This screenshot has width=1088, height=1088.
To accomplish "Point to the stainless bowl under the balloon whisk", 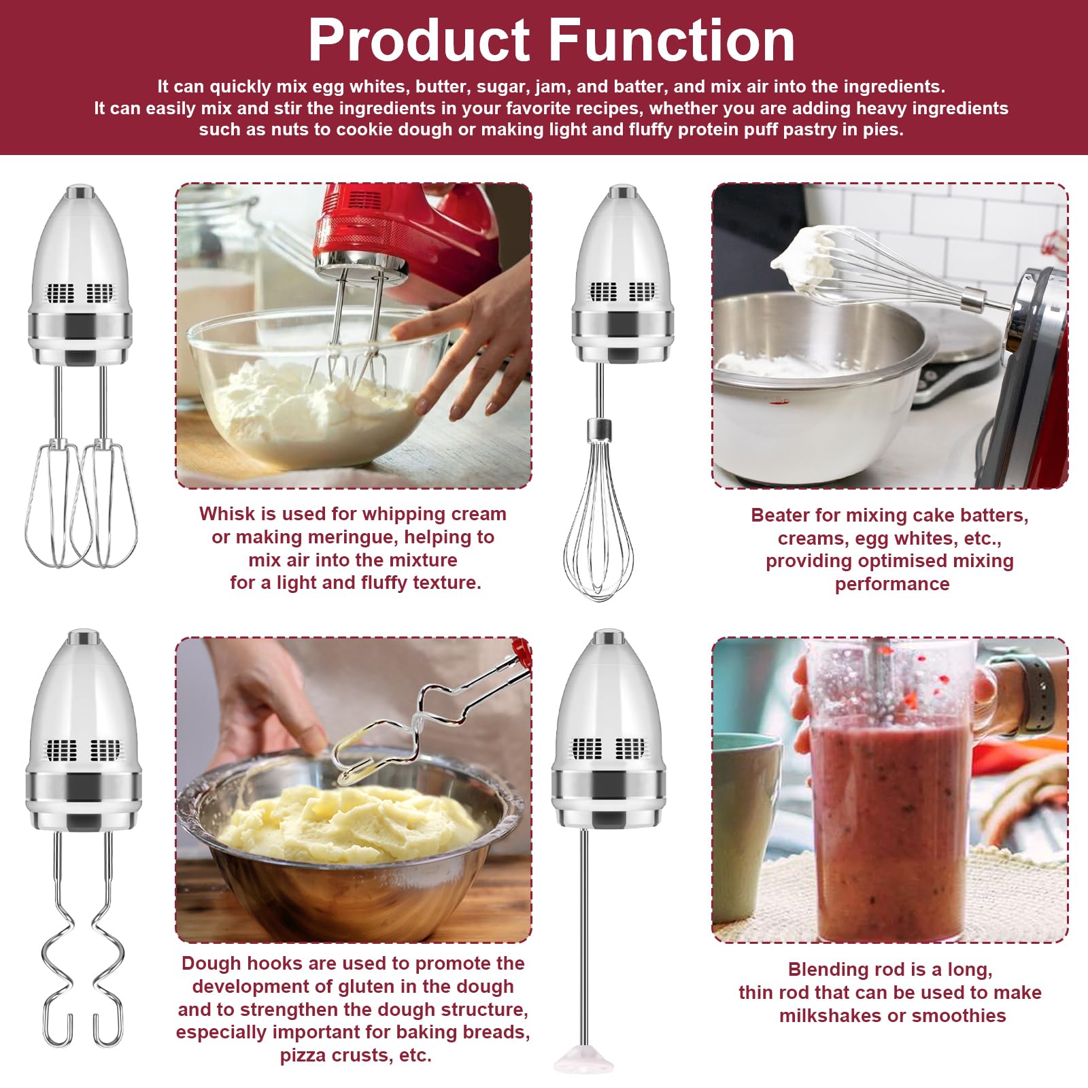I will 816,381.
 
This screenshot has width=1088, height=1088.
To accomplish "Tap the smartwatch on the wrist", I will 1037,694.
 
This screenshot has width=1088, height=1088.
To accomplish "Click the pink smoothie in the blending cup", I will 891,816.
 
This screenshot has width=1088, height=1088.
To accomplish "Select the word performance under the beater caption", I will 892,584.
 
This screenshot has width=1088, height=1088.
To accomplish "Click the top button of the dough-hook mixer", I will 83,637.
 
